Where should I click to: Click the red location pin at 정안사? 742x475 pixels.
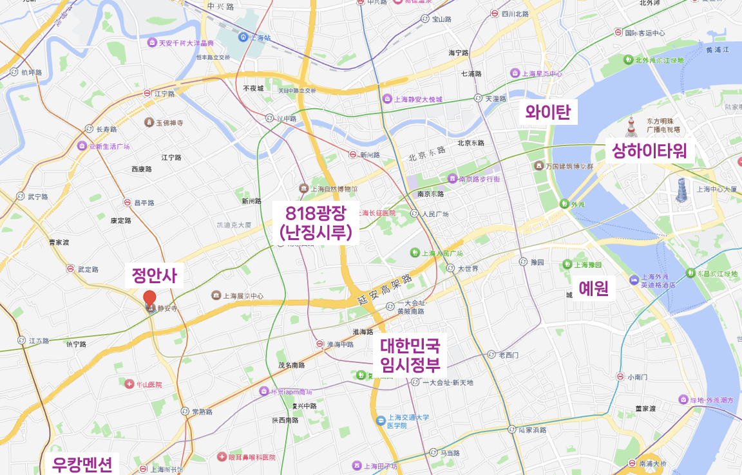click(149, 299)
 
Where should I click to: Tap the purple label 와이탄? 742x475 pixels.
click(548, 113)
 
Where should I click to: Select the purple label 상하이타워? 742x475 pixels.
click(649, 151)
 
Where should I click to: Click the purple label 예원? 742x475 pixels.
click(593, 288)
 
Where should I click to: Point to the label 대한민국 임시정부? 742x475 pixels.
click(410, 356)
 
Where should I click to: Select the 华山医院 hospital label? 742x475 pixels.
click(149, 384)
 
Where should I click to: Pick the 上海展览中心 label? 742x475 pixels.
click(243, 296)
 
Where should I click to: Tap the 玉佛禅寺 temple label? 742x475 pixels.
click(169, 122)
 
